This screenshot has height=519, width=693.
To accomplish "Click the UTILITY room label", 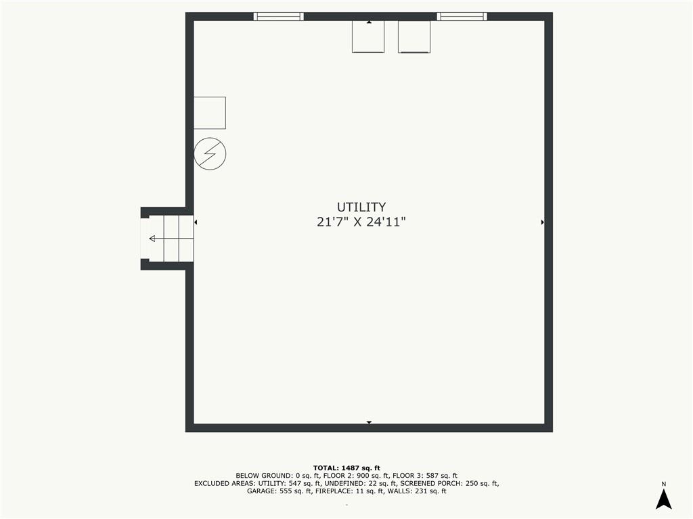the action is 361,207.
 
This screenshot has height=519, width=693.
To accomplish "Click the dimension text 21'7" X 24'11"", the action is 361,222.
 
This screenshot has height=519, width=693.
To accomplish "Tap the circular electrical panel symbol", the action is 210,154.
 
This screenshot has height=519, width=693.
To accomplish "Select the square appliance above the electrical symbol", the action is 210,113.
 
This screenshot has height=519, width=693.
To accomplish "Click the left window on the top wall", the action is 278,16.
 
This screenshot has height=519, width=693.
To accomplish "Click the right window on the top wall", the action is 462,16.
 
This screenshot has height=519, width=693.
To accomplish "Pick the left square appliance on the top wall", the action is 368,36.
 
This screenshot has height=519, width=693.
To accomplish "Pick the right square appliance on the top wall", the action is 414,36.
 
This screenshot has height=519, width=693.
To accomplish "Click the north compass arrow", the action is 663,499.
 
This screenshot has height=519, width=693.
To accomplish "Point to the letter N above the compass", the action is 663,484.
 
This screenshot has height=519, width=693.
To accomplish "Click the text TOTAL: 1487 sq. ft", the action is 346,468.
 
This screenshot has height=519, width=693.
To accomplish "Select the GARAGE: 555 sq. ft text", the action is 279,491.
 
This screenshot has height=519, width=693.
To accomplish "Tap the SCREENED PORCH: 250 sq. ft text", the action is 449,483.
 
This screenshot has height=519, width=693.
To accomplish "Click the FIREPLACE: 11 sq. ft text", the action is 349,491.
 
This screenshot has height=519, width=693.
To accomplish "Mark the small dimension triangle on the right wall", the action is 542,222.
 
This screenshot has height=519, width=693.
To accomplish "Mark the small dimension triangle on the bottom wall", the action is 369,423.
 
